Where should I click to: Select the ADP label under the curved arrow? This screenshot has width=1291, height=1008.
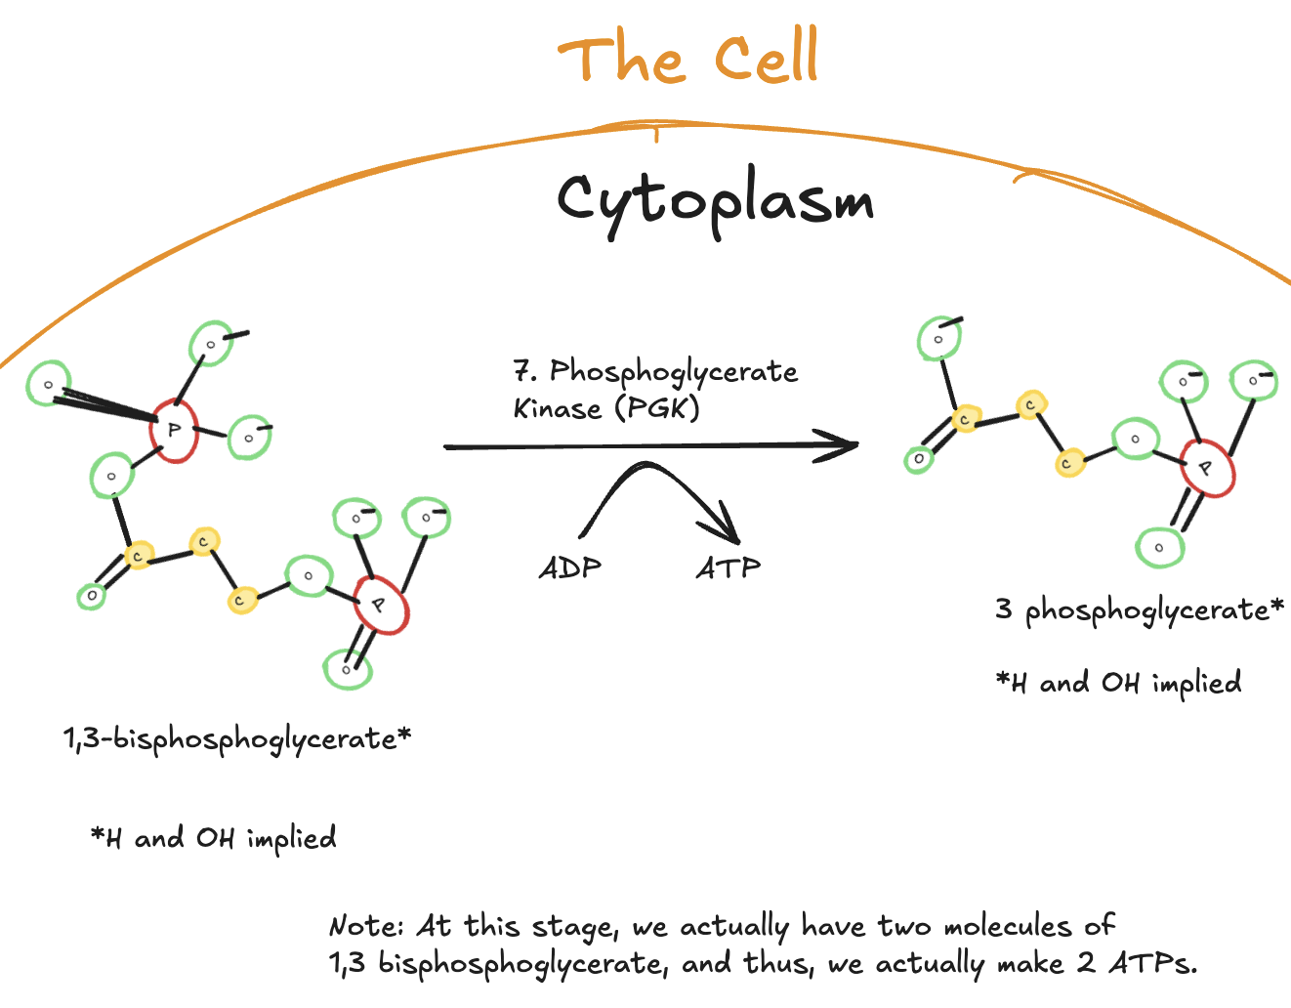[x=570, y=567]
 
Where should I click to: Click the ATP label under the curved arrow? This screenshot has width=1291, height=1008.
[x=729, y=567]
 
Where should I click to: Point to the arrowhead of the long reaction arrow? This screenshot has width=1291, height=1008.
[x=842, y=445]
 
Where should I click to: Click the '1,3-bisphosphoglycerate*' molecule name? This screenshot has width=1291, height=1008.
[x=237, y=738]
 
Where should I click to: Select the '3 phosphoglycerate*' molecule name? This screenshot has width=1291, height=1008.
[x=1139, y=609]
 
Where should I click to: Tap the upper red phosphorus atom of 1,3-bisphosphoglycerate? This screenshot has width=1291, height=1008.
[x=175, y=430]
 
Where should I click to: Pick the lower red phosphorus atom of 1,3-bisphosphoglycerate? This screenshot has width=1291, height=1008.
[x=381, y=606]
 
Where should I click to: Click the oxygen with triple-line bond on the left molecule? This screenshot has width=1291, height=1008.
[x=48, y=384]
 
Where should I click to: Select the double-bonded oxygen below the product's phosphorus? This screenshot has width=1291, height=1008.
[x=1159, y=547]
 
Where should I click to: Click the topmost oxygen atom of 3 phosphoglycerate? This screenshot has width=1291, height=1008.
[x=939, y=339]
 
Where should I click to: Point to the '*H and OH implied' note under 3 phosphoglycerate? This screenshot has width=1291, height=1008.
[x=1118, y=682]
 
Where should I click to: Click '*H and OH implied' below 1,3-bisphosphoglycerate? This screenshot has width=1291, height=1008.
[x=213, y=838]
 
